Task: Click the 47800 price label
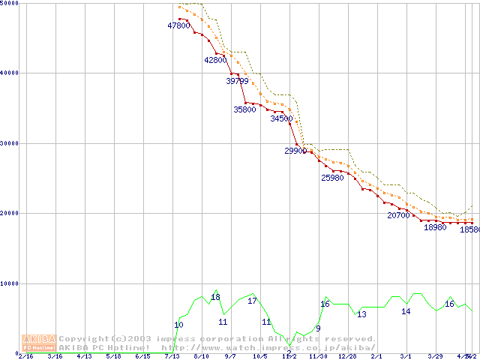(178, 25)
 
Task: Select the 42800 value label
(215, 60)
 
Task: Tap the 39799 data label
(237, 81)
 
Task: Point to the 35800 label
(244, 109)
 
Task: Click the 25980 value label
(332, 178)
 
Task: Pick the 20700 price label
(398, 215)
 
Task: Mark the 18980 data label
(435, 227)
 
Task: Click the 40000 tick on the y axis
(10, 73)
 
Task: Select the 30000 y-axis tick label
(10, 142)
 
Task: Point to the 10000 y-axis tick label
(10, 283)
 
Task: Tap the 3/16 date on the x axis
(55, 356)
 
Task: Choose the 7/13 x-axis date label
(172, 356)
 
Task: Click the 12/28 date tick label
(347, 356)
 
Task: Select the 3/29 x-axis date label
(435, 356)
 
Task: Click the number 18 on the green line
(215, 297)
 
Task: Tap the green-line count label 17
(252, 301)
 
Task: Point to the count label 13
(361, 314)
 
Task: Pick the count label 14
(406, 311)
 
